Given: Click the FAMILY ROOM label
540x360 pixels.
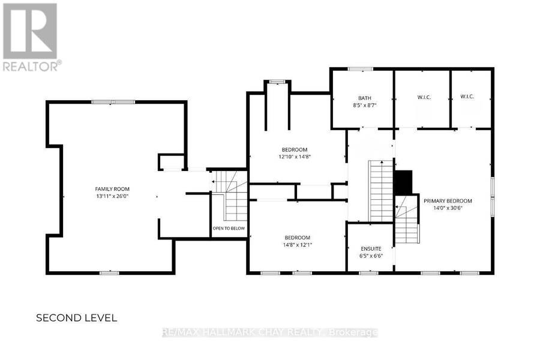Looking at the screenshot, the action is click(112, 189).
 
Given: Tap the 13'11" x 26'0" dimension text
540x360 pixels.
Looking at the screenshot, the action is click(112, 196).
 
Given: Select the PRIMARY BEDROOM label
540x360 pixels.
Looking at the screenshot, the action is click(448, 201).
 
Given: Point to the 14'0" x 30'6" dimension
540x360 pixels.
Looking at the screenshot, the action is click(448, 208).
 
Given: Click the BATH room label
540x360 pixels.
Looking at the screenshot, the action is click(365, 98).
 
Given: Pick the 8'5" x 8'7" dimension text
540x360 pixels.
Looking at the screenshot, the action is click(365, 106).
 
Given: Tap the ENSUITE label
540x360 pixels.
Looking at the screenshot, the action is click(371, 249).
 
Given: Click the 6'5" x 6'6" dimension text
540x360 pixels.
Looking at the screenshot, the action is click(371, 256).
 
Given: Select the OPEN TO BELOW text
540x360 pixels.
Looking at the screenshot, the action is click(229, 229).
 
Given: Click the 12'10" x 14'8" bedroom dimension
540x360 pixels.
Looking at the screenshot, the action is click(295, 157).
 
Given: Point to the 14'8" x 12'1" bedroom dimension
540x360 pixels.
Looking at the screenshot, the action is click(297, 245).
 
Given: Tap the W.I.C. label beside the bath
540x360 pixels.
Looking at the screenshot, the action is click(424, 97).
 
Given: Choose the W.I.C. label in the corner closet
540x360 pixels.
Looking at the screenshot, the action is click(467, 97).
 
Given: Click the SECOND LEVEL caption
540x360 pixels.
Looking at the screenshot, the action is click(76, 318).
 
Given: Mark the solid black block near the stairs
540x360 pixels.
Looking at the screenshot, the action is click(403, 182).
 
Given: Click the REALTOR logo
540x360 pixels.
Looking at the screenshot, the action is click(32, 37).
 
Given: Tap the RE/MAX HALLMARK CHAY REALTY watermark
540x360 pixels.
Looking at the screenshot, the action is click(269, 333).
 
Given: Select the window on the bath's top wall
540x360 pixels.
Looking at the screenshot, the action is click(360, 69).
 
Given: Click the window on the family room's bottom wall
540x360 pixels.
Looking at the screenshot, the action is click(110, 273).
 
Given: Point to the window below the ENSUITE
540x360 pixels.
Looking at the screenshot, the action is click(368, 273).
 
